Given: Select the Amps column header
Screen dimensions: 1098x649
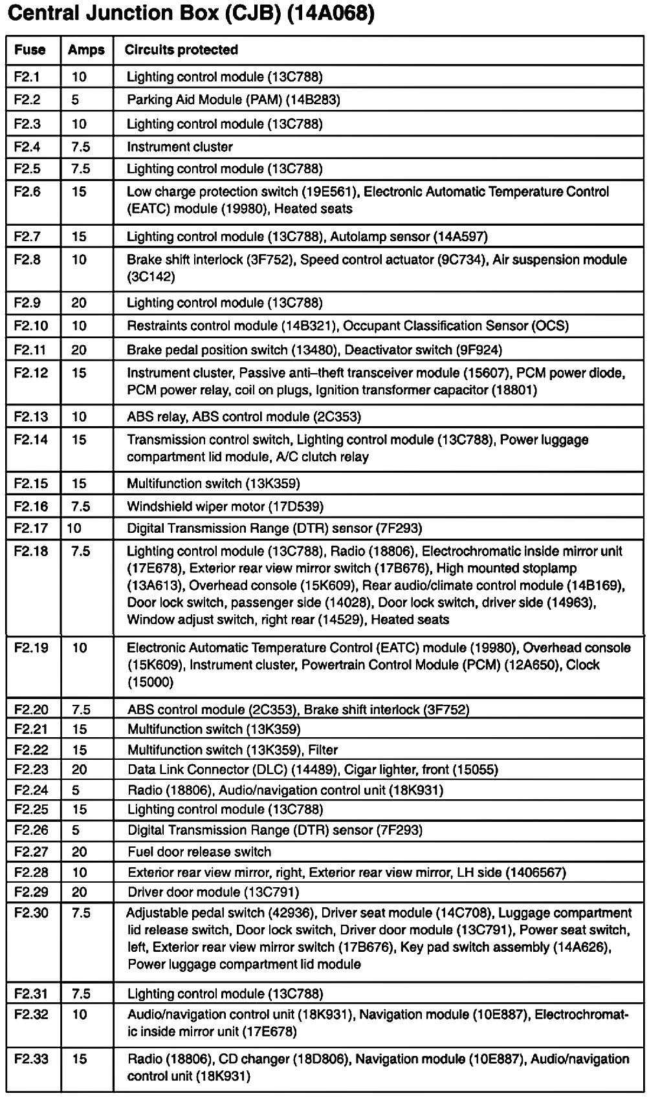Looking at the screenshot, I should click(86, 50).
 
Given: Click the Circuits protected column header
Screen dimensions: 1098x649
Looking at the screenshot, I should click(181, 50).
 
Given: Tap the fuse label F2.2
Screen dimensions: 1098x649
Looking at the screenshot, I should click(27, 100).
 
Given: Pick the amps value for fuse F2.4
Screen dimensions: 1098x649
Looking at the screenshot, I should click(81, 147).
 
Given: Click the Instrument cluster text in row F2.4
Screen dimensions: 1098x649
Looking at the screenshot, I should click(180, 147).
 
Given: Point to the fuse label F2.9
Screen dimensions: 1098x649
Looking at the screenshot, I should click(27, 303).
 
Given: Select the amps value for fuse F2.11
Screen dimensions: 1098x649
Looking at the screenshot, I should click(79, 350).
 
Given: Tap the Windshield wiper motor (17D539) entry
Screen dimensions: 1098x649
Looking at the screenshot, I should click(225, 506).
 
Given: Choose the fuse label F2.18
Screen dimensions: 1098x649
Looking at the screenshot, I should click(30, 552).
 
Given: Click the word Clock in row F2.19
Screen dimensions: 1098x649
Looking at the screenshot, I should click(583, 665).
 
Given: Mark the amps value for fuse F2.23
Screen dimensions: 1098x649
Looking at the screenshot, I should click(79, 770).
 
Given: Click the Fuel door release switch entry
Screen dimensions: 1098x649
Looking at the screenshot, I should click(199, 852).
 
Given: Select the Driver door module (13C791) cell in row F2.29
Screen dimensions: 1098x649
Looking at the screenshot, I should click(213, 892).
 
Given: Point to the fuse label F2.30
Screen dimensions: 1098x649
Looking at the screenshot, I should click(30, 913).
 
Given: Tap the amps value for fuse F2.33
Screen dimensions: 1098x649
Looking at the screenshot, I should click(79, 1059).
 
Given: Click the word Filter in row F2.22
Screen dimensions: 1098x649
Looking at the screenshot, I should click(323, 750).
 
